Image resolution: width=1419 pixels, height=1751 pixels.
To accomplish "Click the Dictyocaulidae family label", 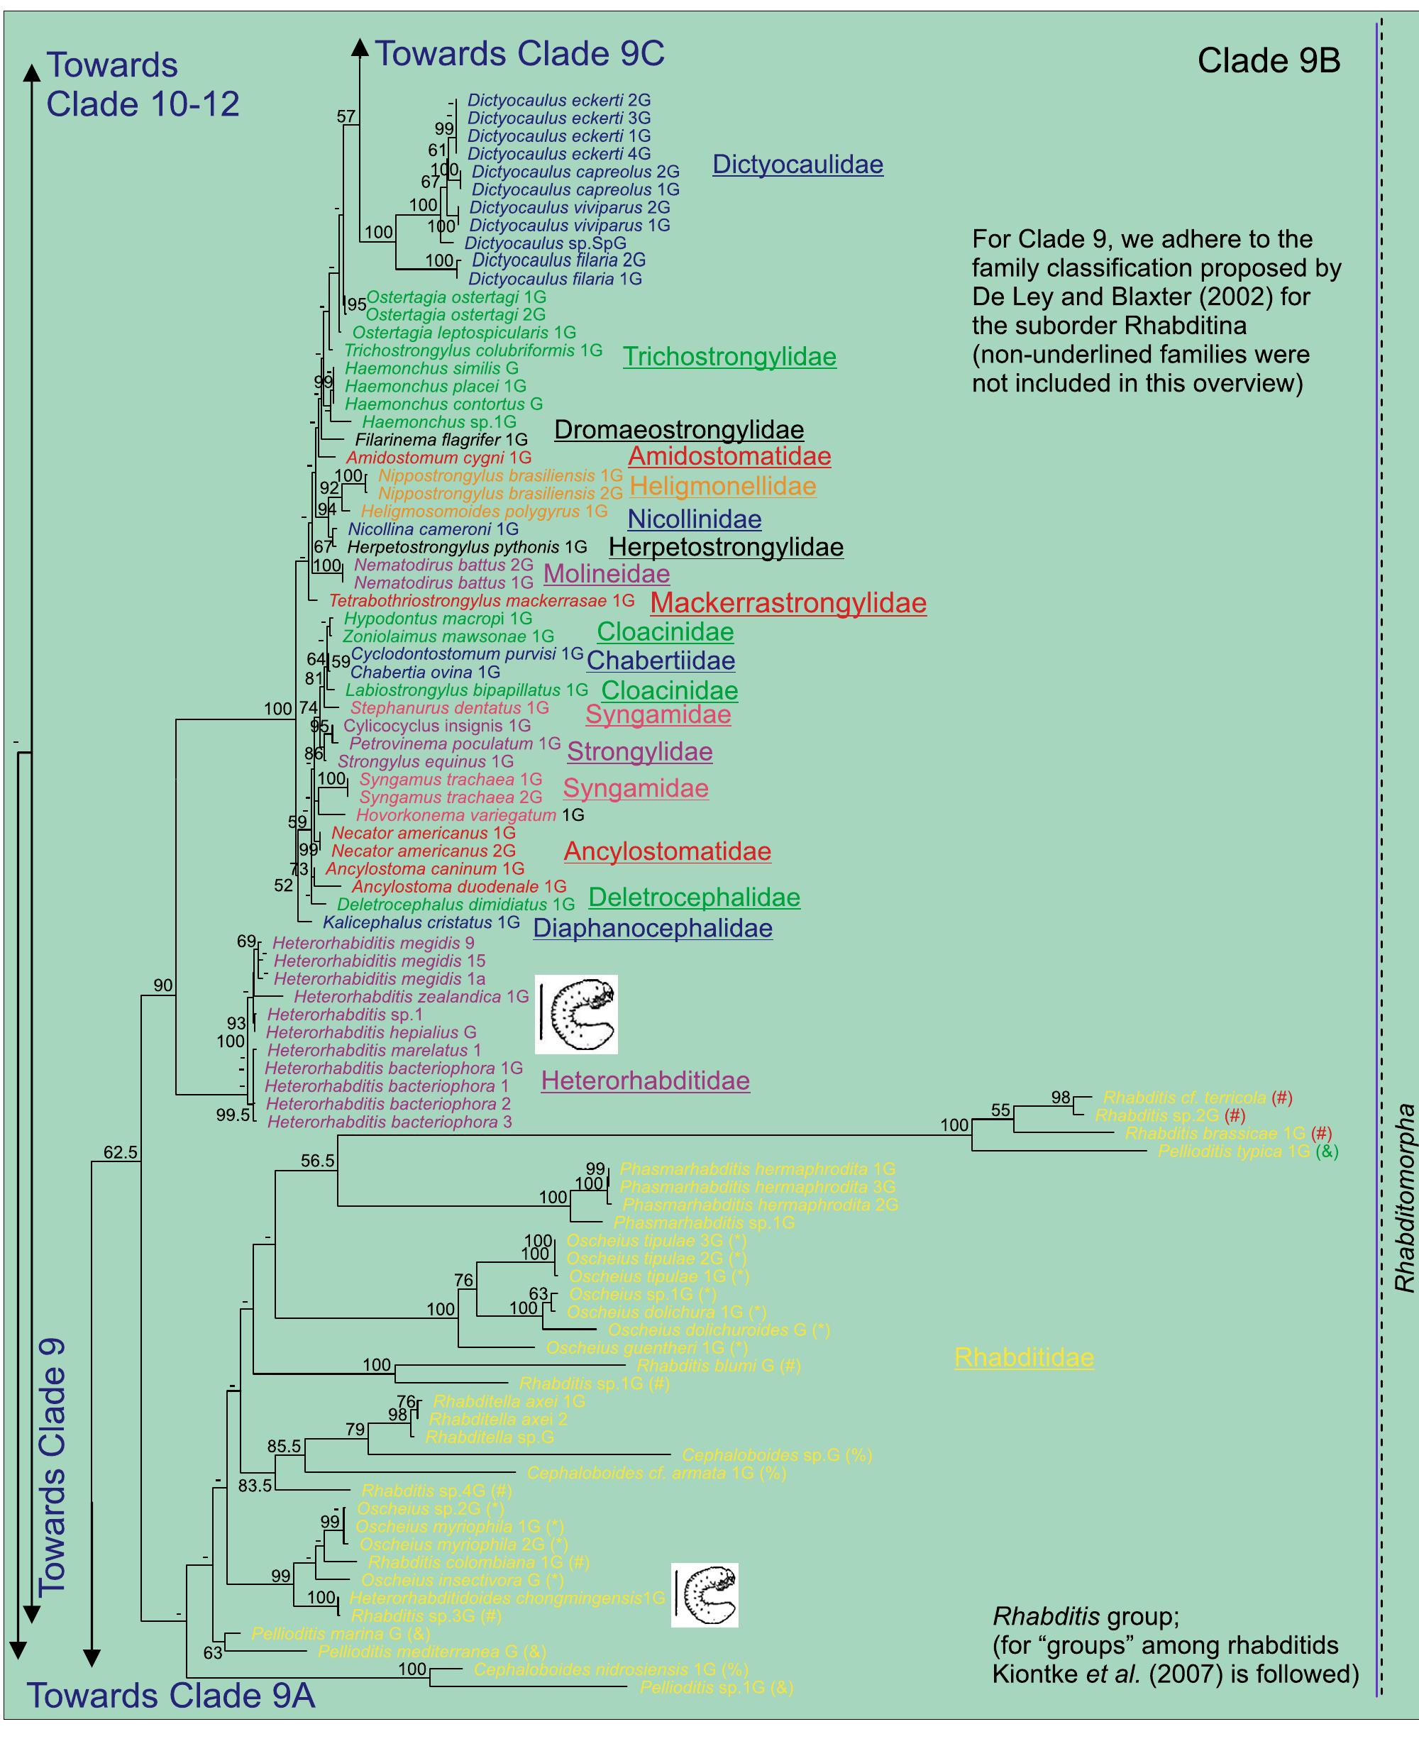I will coord(797,165).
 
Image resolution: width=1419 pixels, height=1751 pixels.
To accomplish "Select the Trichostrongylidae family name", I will coord(729,356).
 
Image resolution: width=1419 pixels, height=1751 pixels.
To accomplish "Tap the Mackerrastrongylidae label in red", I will coord(788,603).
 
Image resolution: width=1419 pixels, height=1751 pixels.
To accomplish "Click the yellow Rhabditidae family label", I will coord(1023,1357).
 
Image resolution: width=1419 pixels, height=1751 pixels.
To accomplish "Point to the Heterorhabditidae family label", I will coord(645,1081).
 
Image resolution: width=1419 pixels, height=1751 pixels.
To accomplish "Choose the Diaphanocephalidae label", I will coord(652,928).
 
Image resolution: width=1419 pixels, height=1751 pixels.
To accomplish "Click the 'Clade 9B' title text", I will coord(1268,60).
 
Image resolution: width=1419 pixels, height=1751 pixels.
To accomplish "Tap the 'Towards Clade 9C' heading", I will coord(520,54).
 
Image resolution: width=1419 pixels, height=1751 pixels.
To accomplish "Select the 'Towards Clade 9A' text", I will coord(172,1696).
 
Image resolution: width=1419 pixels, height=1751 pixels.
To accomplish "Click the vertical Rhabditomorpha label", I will coord(1403,1198).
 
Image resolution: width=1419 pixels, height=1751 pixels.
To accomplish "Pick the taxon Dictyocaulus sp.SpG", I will coord(545,243).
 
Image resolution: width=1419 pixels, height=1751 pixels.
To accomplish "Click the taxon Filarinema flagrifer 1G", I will coord(441,440).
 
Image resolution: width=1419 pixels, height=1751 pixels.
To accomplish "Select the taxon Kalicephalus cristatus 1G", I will coord(421,922).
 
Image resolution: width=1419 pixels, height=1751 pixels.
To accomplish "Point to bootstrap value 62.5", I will coord(120,1153).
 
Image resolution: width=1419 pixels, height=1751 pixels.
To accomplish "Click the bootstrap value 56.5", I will coord(317,1161).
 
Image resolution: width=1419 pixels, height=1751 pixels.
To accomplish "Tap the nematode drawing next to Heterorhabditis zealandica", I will coord(576,1015).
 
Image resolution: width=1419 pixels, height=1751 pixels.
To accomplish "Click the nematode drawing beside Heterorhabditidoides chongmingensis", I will coord(705,1595).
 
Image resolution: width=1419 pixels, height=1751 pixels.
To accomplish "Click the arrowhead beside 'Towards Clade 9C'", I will coord(360,48).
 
